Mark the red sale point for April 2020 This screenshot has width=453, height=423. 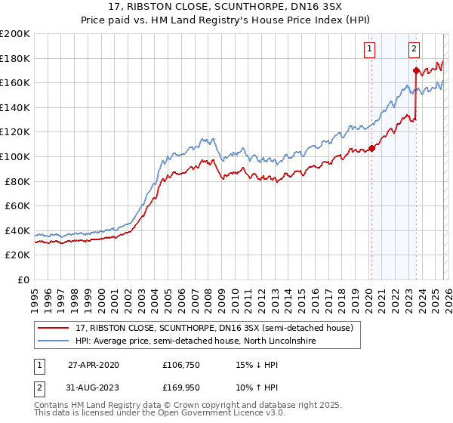tap(371, 148)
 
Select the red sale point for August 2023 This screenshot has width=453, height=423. tap(416, 71)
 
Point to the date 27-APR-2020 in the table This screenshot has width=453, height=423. tap(94, 365)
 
